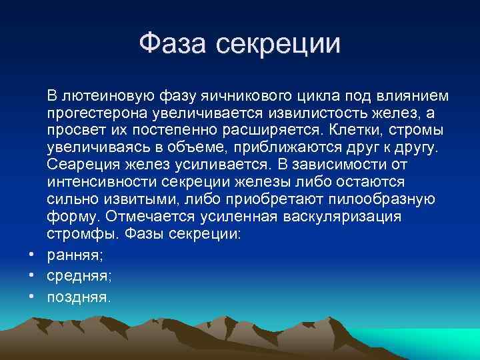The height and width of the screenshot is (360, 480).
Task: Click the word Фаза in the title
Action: pos(174,44)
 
